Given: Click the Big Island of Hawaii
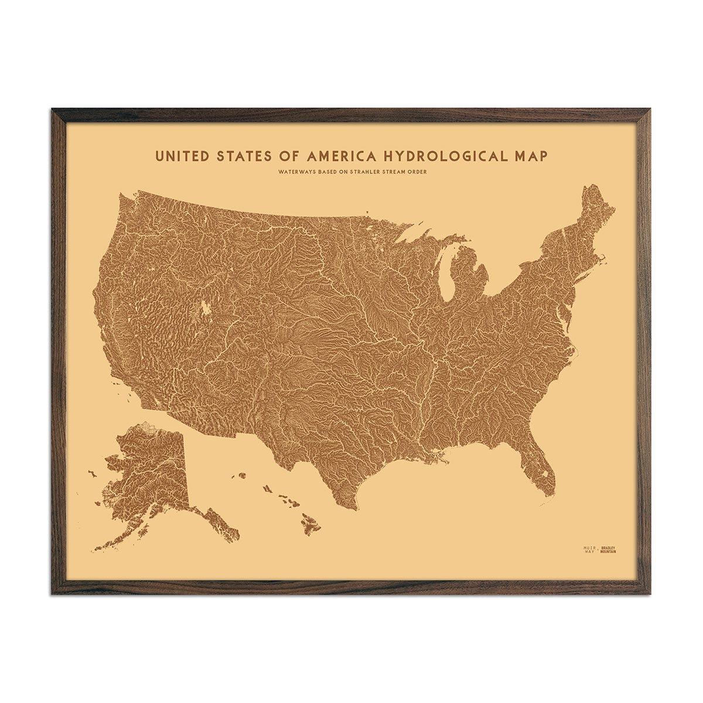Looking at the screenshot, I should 310,523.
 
